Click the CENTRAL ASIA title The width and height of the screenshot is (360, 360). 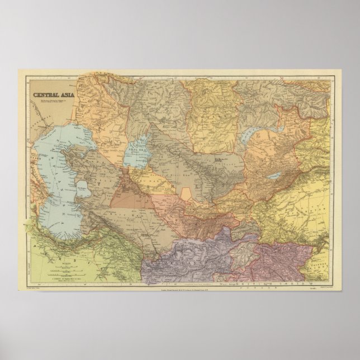(55, 94)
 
